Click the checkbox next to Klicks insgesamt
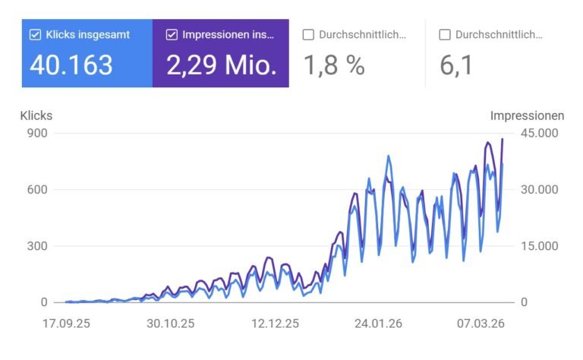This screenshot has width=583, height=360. tap(35, 34)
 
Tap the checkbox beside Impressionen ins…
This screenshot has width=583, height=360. tap(172, 34)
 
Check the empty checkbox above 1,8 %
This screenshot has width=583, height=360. tap(308, 34)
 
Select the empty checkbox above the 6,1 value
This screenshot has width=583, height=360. tap(445, 34)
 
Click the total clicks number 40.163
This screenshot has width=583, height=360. tap(71, 65)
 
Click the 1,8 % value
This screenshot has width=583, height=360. tap(334, 65)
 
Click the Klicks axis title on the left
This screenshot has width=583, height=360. tap(36, 116)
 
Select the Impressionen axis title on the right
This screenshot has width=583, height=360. tap(527, 116)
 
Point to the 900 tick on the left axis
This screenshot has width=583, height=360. tap(38, 133)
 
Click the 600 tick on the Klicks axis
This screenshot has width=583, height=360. tap(38, 189)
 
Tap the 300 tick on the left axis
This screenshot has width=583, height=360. tap(38, 246)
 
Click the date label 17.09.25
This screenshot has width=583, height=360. tap(66, 323)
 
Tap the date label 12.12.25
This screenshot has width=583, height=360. tap(274, 323)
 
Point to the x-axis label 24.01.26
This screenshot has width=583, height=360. tap(378, 323)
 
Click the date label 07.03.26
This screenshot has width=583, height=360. tap(481, 323)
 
